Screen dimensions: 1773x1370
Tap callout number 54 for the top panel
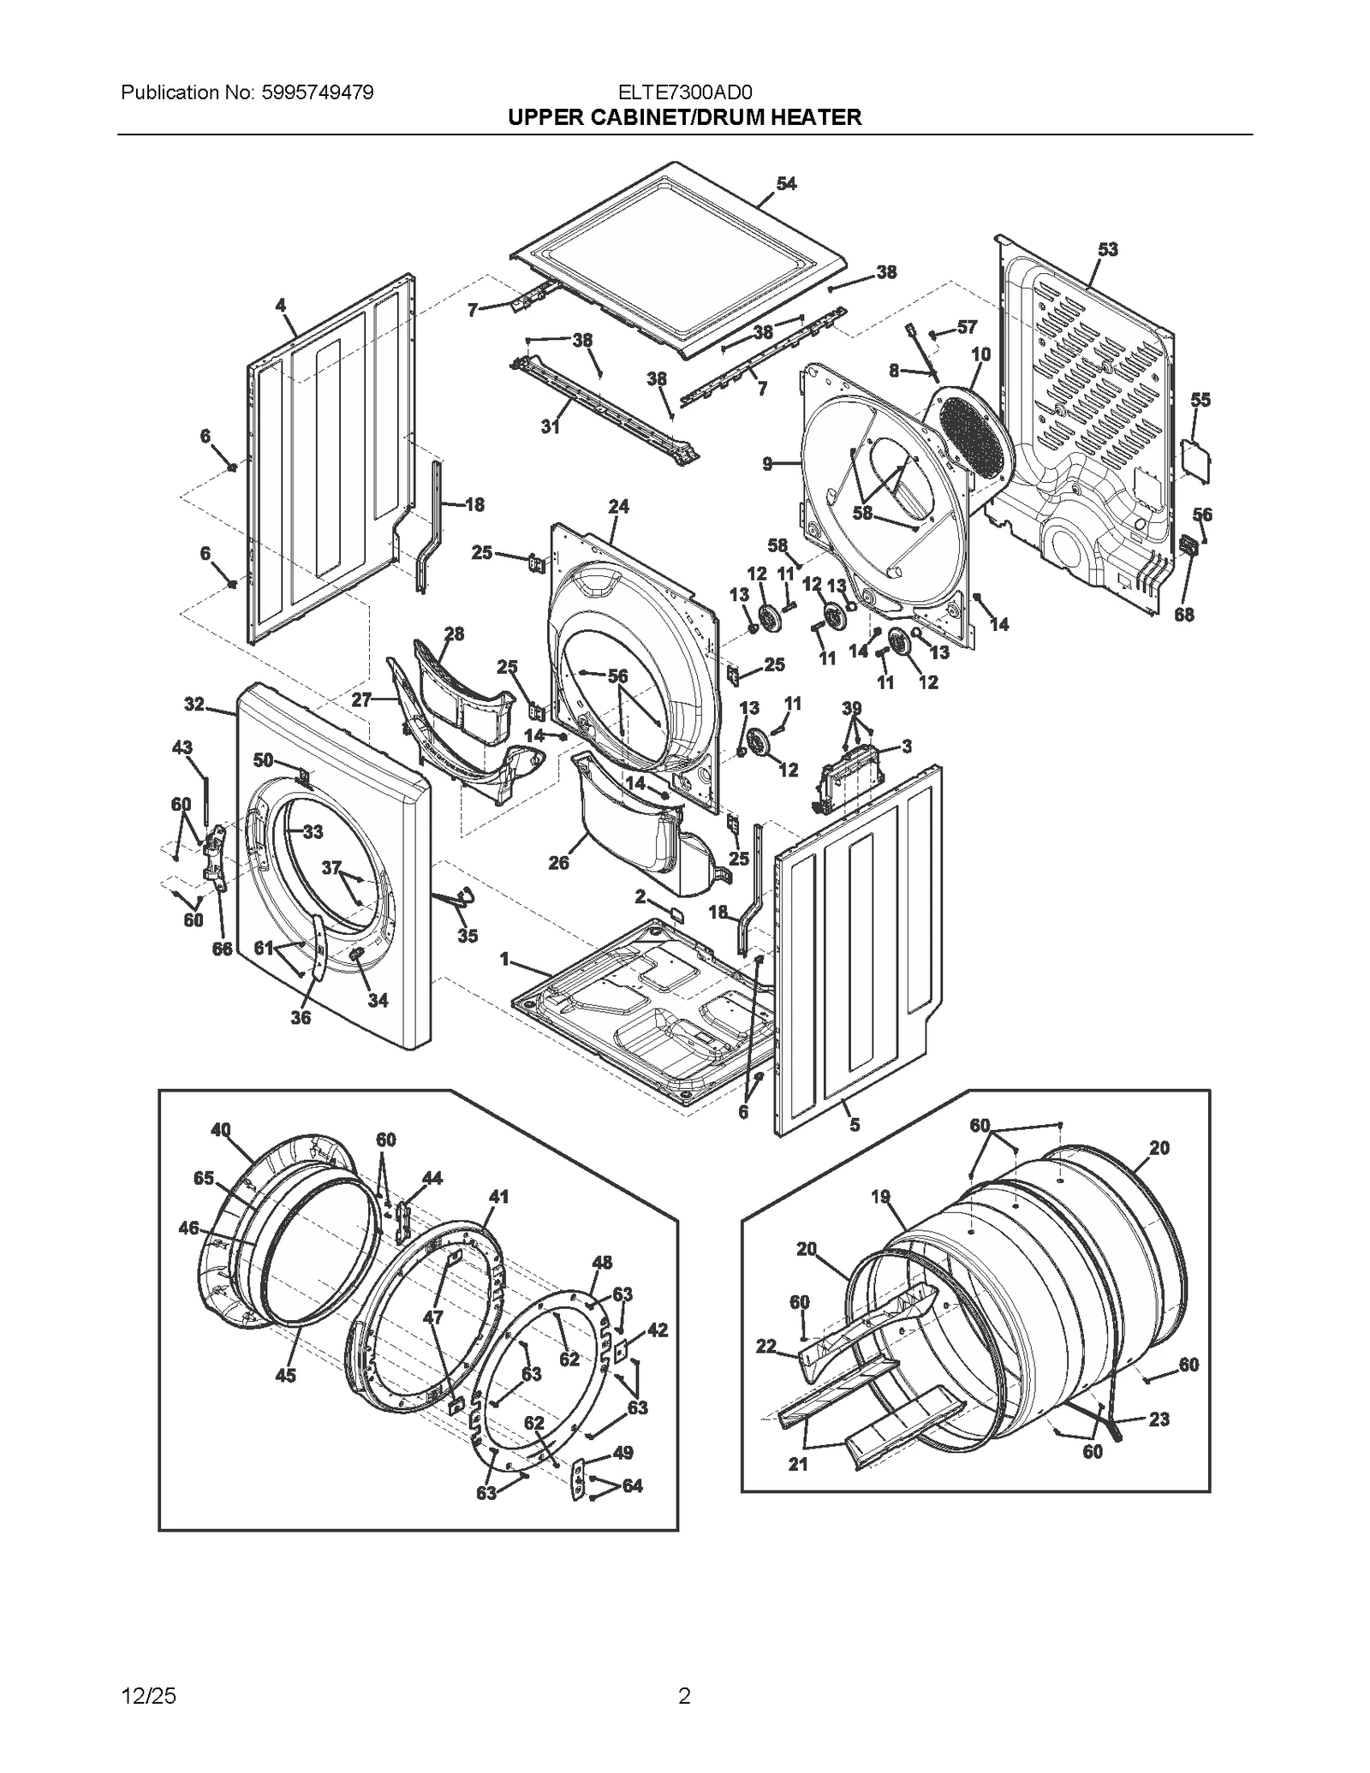pos(786,184)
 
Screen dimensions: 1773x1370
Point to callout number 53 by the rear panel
pos(1108,250)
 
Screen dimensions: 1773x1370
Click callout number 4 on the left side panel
pos(280,306)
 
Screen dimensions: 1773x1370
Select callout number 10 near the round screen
pos(980,354)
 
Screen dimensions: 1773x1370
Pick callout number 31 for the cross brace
pos(550,426)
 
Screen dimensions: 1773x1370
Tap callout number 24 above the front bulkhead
pos(618,507)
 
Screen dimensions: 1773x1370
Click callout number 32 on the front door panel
pos(194,705)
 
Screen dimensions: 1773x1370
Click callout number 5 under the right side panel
pos(854,1125)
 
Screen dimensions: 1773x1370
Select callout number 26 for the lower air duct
pos(558,863)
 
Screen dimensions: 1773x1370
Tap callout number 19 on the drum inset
pos(881,1197)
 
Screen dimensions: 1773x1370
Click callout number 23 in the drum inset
pos(1159,1419)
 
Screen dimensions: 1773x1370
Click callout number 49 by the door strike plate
pos(623,1452)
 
